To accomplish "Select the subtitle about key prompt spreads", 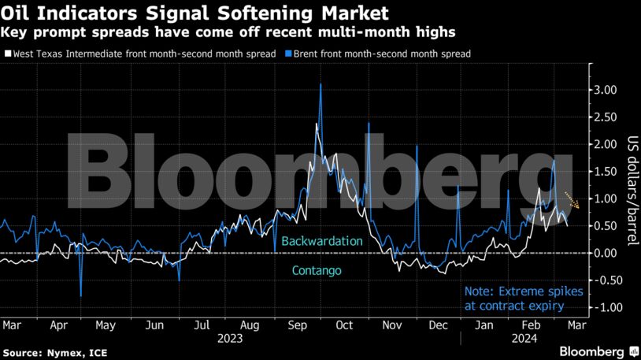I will click(228, 32).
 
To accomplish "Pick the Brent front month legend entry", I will click(380, 54).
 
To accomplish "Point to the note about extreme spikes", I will click(524, 297).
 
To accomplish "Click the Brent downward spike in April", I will click(81, 295).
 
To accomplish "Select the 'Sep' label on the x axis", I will click(297, 325).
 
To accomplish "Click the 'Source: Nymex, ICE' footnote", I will click(50, 351).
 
